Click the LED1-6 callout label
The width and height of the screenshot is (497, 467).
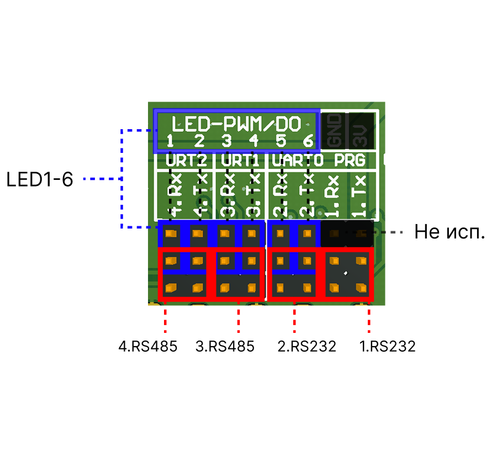[40, 179]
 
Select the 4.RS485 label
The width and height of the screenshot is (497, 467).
[147, 347]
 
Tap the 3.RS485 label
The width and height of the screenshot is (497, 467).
[225, 347]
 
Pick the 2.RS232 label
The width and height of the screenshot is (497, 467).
[306, 347]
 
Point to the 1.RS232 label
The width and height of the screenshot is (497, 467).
[387, 347]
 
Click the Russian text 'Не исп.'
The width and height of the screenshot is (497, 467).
[450, 232]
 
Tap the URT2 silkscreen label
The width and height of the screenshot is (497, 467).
[186, 161]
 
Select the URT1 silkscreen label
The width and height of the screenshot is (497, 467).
[240, 161]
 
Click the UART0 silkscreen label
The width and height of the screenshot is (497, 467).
[297, 161]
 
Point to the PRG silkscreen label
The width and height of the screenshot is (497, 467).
[350, 161]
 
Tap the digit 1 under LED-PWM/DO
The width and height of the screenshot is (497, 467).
[171, 141]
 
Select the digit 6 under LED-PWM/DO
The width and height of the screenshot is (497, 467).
[308, 141]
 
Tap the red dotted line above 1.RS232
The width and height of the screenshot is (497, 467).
[369, 320]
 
